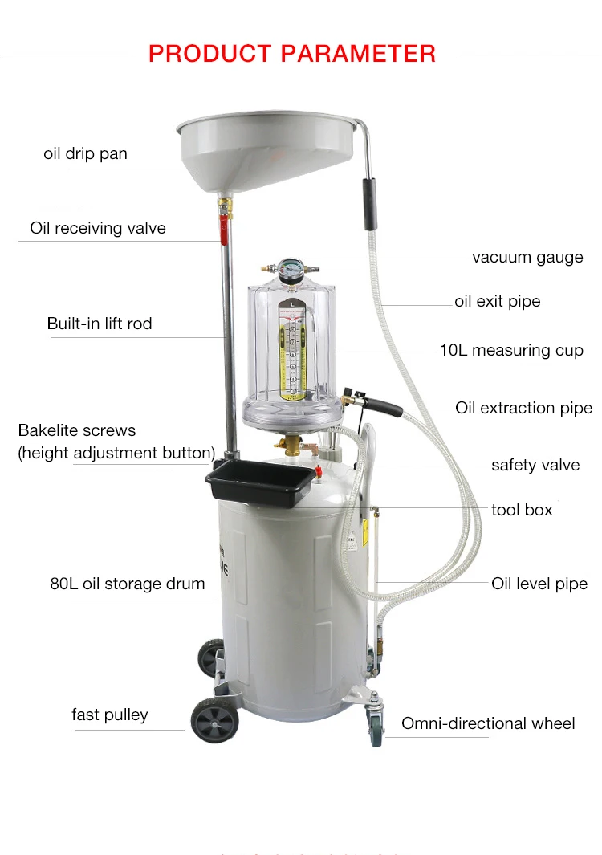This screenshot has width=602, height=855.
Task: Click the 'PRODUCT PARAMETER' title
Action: pos(292,54)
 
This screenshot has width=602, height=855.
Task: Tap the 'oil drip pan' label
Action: pos(85,153)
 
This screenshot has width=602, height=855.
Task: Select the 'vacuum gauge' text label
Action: pos(527,258)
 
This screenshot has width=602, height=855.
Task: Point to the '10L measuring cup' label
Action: pos(511,350)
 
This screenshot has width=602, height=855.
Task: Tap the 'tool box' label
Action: pos(522,510)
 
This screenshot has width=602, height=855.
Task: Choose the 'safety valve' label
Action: pos(535,466)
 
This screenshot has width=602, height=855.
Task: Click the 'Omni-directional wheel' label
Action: pos(488,723)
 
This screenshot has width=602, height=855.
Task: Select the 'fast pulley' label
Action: pos(110,715)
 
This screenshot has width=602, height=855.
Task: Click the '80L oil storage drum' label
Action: pos(128,584)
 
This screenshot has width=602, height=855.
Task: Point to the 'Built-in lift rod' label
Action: pos(100,324)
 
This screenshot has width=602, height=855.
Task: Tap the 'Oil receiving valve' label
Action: pos(98,228)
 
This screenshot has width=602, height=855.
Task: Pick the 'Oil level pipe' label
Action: pos(539,584)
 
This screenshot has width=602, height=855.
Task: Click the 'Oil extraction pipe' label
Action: pos(523,408)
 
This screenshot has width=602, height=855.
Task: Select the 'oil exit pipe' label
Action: pos(498,302)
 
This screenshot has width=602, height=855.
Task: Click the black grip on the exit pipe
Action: pos(370,193)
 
